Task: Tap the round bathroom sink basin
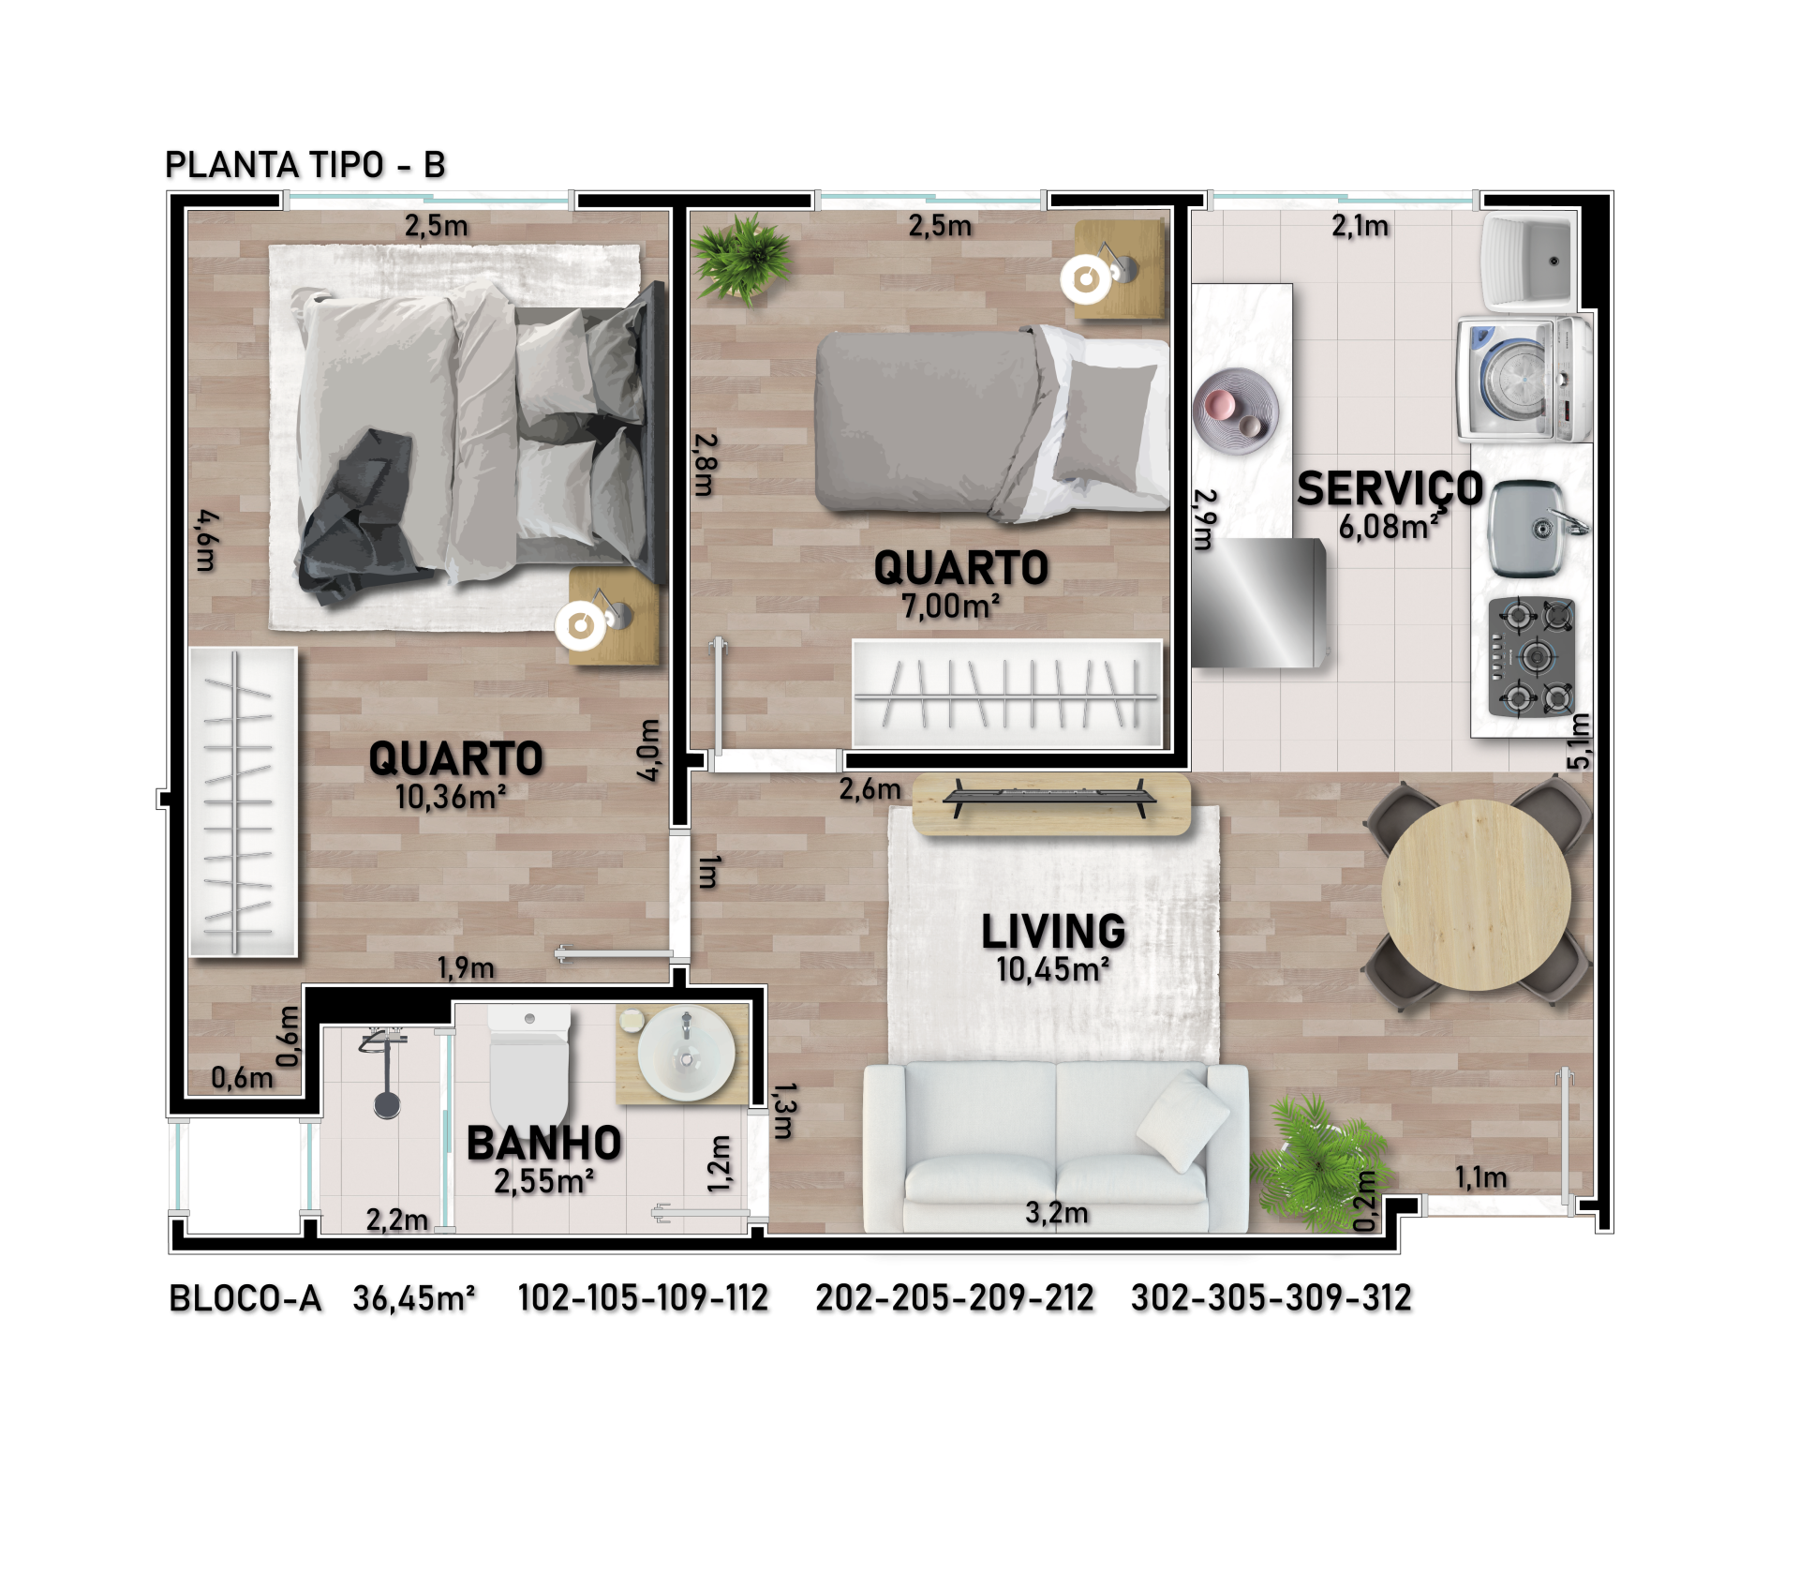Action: pos(686,1053)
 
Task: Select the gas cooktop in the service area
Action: pos(1531,657)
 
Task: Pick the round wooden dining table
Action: pos(1476,895)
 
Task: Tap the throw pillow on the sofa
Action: pos(1182,1120)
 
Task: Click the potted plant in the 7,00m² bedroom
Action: pos(742,258)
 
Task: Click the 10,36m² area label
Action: pos(451,797)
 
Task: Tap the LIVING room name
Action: pos(1053,931)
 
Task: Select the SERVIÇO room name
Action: pos(1390,488)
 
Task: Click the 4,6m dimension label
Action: pos(207,541)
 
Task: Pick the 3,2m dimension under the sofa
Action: pos(1057,1212)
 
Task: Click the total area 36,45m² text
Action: pos(414,1298)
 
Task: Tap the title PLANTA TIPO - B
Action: pos(305,165)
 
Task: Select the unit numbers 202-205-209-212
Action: pos(955,1298)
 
